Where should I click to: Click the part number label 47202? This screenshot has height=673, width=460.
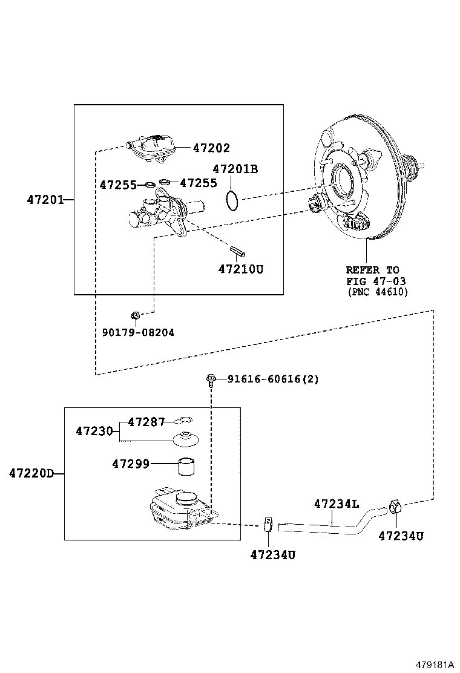pos(211,148)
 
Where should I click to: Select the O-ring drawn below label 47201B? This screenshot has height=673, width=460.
pos(231,200)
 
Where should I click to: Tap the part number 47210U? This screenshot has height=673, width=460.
pos(241,269)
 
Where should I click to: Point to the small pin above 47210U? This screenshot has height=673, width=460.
pos(237,250)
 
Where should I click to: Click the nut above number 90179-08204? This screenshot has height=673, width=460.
pos(136,315)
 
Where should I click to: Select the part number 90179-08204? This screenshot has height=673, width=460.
pos(138,332)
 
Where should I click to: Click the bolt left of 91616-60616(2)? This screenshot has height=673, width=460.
pos(211,379)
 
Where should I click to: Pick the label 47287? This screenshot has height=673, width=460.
pos(146,422)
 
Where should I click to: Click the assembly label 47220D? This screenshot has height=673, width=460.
pos(31,473)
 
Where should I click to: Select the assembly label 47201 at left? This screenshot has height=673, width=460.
pos(45,199)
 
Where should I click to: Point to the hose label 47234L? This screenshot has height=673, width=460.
pos(336,504)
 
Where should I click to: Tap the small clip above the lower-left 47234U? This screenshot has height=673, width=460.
pos(268,522)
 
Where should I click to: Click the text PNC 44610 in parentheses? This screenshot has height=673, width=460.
pos(378,292)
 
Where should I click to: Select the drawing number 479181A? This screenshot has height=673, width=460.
pos(433,664)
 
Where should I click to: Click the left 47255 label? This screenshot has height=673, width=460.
pos(118,185)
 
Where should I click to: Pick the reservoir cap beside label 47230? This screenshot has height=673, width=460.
pos(186,439)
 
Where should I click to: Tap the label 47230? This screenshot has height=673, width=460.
pos(94,431)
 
